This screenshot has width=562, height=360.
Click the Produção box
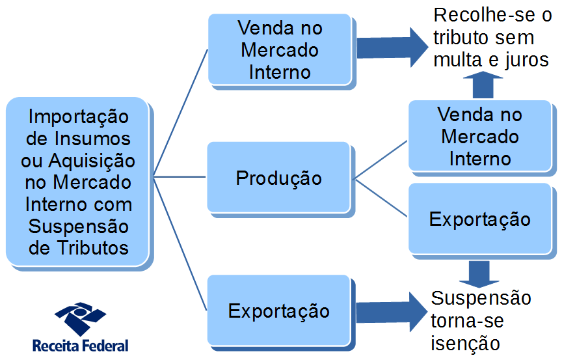pos(278,178)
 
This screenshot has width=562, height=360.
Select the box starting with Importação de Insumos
pos(78,182)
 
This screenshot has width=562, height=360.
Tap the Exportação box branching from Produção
pos(479,219)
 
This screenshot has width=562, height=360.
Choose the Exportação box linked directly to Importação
pos(278,311)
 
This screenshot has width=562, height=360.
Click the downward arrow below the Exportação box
pos(479,274)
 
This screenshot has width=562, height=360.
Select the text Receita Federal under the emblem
pos(80,346)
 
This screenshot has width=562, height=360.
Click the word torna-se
pos(467,320)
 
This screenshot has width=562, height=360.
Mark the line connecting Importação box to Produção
pos(180,176)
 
